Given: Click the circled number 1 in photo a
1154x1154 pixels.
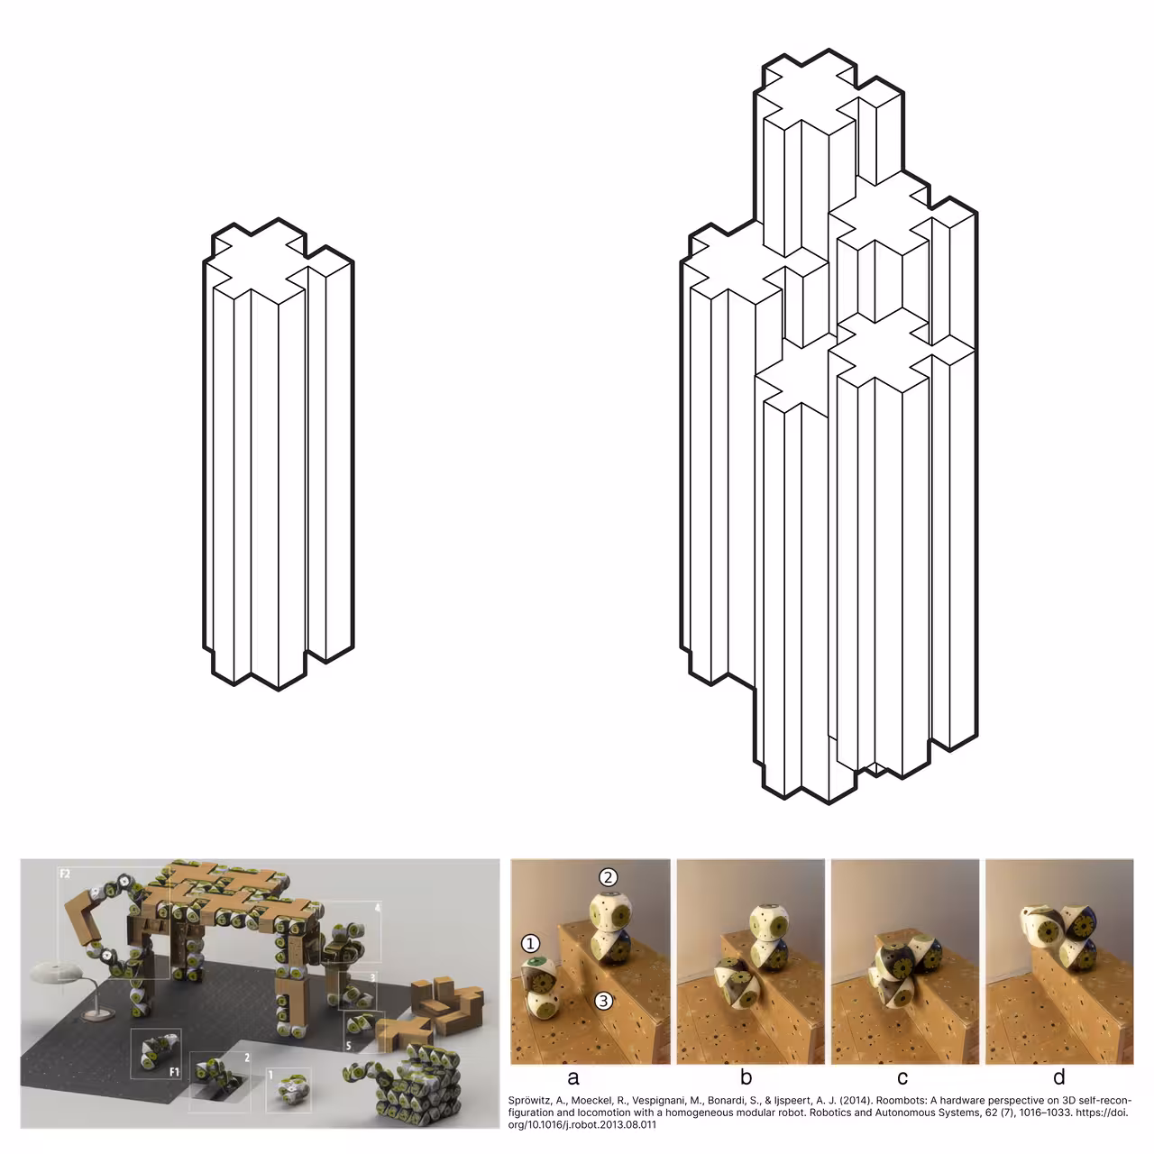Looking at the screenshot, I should coord(530,943).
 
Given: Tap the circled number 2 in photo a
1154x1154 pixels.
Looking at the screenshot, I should coord(609,877).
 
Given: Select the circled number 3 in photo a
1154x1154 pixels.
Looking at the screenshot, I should coord(603,1001).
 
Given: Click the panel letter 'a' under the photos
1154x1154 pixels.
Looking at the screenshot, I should coord(572,1077).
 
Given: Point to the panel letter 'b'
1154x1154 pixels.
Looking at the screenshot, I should coord(746,1077).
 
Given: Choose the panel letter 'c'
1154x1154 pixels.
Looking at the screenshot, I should coord(902,1077).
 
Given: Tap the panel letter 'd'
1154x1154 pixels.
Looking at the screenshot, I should coord(1059,1077).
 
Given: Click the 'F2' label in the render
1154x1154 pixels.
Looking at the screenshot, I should coord(65,874).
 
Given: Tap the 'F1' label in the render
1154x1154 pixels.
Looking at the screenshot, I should coord(174,1072).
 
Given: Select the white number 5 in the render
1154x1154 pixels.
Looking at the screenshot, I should coord(349,1046).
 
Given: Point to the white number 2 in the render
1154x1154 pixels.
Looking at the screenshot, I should coord(247,1058).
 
